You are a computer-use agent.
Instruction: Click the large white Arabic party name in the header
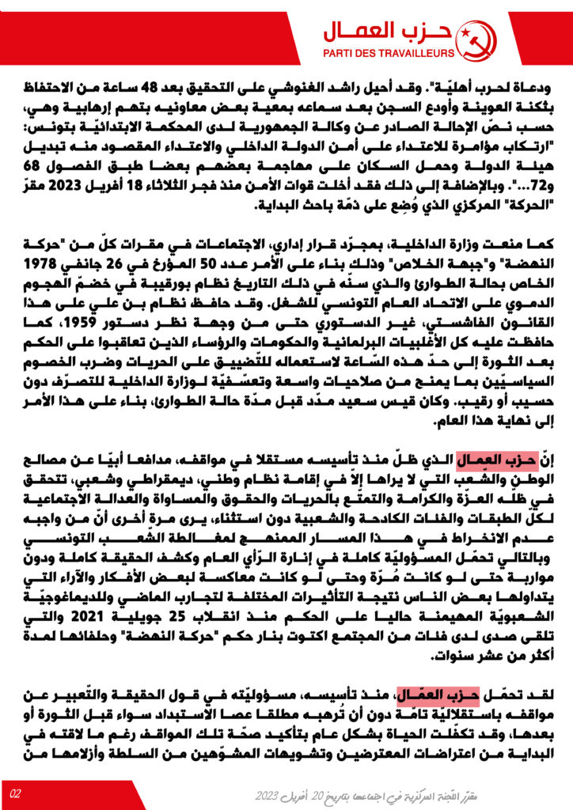(x=389, y=32)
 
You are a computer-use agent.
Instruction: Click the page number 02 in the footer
(x=15, y=793)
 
